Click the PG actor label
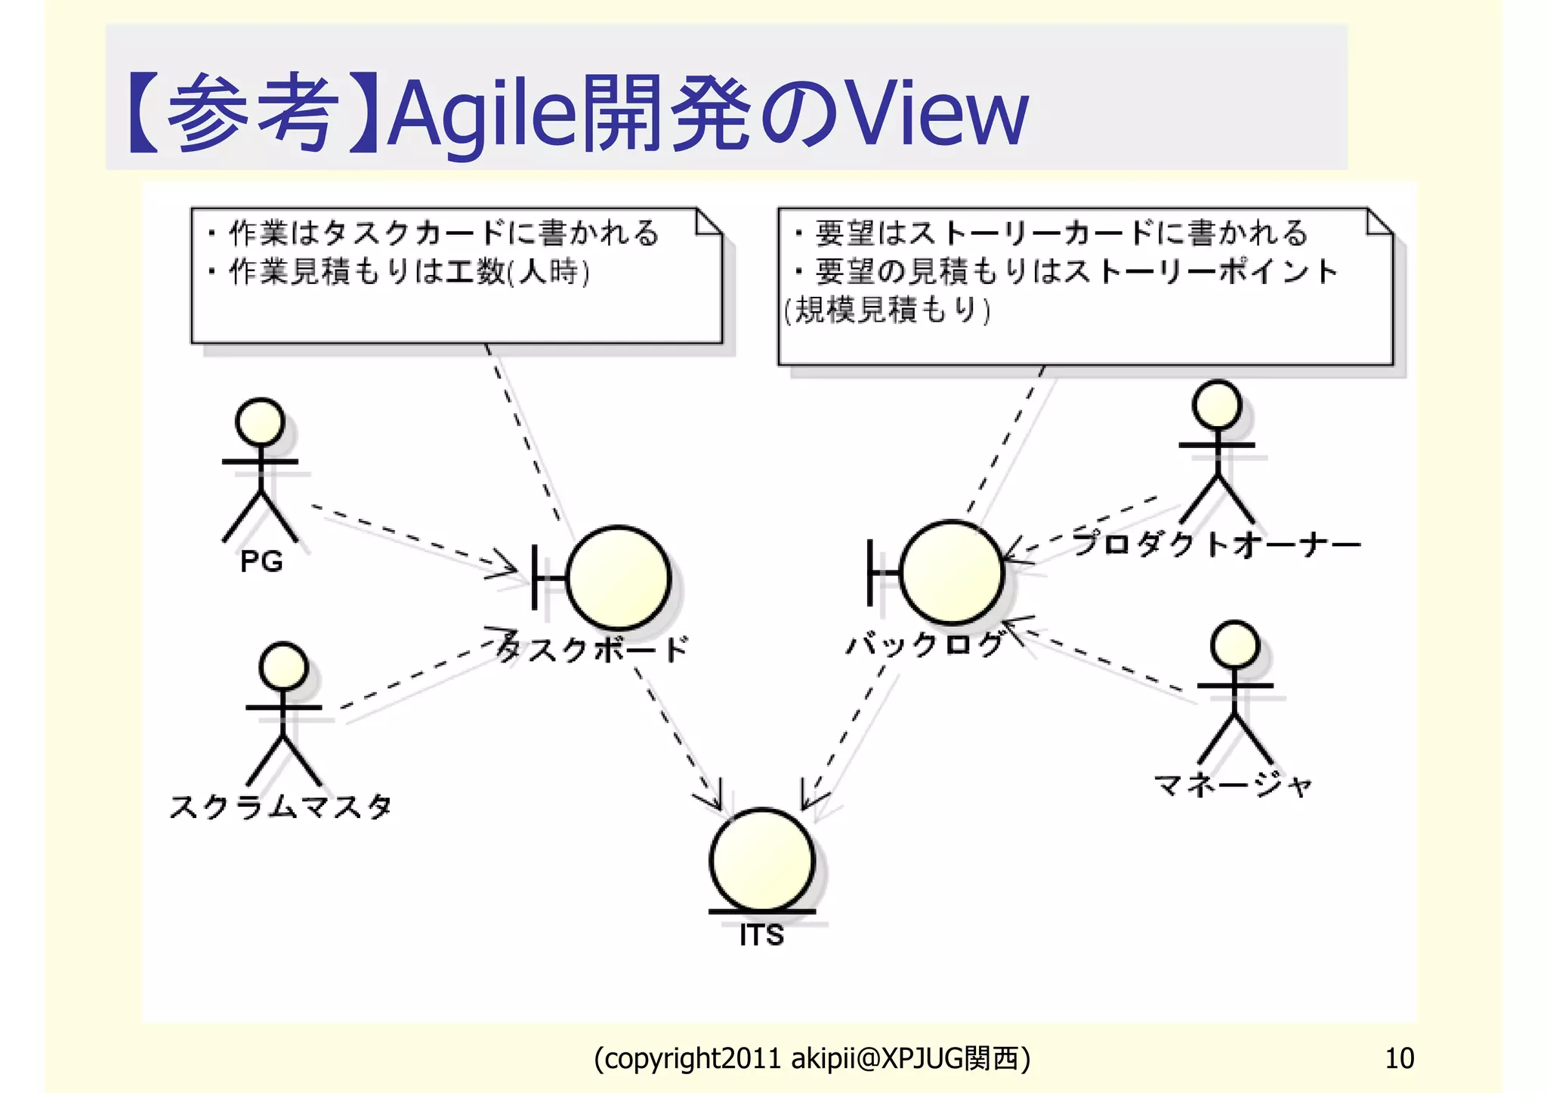tap(261, 561)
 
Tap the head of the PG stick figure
tap(260, 421)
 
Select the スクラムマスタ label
tap(281, 807)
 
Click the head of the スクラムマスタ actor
tap(283, 667)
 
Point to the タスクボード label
tap(594, 649)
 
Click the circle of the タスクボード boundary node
tap(619, 578)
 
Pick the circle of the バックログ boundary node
tap(952, 573)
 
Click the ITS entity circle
tap(762, 860)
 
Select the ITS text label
tap(761, 935)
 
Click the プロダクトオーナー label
tap(1216, 544)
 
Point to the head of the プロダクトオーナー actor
tap(1216, 404)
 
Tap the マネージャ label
tap(1233, 786)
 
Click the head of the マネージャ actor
tap(1234, 645)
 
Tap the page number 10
tap(1399, 1058)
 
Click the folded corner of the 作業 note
tap(709, 222)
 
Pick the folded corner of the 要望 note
tap(1379, 222)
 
